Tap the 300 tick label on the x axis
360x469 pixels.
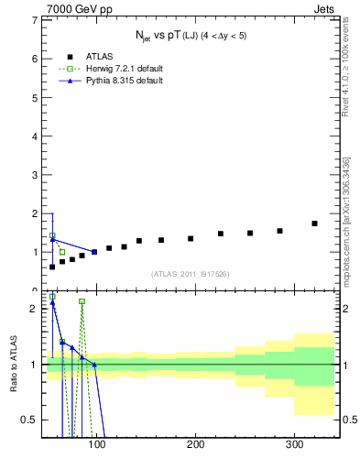[294, 444]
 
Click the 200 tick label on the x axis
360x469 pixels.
[195, 444]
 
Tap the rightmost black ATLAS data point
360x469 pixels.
[314, 224]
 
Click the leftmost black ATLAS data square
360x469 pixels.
[52, 267]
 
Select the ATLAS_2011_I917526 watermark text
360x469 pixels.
[191, 274]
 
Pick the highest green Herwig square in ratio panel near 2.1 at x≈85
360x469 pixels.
[82, 301]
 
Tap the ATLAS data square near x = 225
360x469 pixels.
[221, 234]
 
